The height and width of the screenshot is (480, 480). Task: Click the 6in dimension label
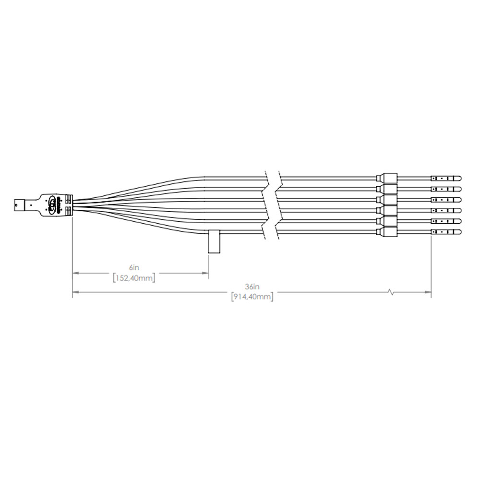134,267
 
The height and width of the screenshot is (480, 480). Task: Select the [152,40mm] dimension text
134,278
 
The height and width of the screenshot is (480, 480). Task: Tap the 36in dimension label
252,287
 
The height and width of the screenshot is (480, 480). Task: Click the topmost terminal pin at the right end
446,178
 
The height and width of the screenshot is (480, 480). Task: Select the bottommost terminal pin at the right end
446,232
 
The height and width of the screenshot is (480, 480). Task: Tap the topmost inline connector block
386,178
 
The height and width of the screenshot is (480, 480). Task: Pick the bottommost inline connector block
386,232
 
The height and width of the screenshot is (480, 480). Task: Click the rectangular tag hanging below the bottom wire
214,241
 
